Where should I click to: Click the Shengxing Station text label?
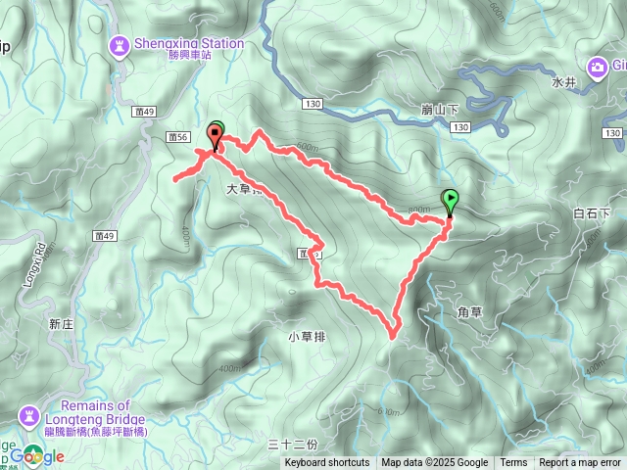[x=188, y=43]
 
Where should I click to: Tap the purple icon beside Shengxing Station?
[x=120, y=45]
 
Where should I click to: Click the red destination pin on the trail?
[x=215, y=136]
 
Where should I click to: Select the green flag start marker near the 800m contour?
[x=450, y=202]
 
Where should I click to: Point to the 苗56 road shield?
[x=176, y=138]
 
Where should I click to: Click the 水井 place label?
[x=563, y=82]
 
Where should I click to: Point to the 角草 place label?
[x=470, y=312]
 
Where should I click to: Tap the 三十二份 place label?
[x=294, y=445]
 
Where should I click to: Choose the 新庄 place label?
[x=61, y=323]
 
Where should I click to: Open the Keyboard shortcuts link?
[x=327, y=463]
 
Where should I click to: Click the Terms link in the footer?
[x=513, y=463]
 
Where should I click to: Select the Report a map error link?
[x=581, y=463]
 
